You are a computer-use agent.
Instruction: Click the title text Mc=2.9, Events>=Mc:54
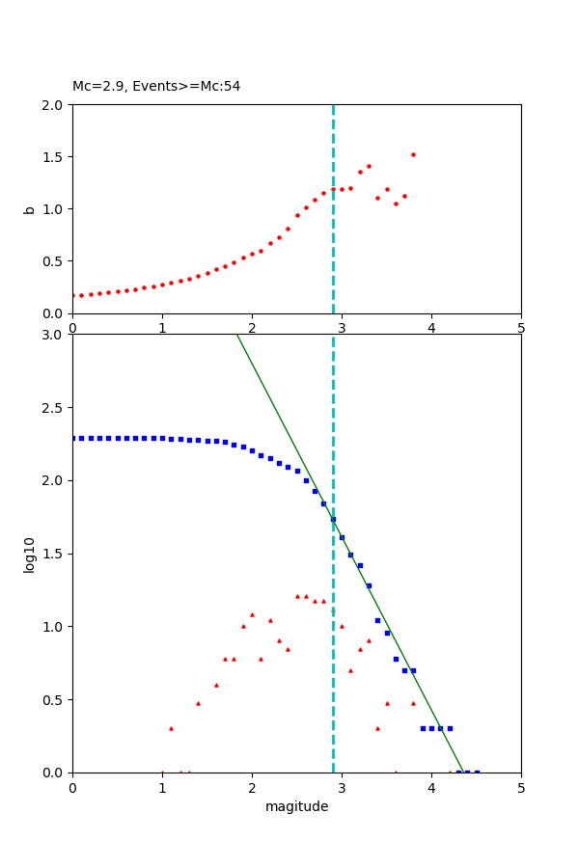click(156, 87)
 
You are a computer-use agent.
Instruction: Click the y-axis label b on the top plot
click(28, 208)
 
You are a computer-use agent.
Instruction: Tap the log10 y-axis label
click(29, 555)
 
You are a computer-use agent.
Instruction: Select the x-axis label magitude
click(296, 807)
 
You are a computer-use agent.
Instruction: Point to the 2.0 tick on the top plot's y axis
click(54, 104)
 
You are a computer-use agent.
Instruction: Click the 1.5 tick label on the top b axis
click(54, 157)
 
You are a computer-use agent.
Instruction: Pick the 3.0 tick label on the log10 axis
click(54, 335)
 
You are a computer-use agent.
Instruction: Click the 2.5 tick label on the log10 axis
click(54, 408)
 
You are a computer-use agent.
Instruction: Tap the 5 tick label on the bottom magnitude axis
click(521, 787)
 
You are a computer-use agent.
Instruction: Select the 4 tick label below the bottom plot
click(431, 787)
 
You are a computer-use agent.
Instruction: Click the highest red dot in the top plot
click(413, 154)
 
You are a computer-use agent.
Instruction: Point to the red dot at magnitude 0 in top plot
click(73, 295)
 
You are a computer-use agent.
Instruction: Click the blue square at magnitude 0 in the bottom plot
click(73, 438)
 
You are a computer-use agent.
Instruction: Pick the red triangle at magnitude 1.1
click(171, 728)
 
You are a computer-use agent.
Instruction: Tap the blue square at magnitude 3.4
click(377, 620)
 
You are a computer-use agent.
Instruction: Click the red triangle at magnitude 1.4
click(198, 703)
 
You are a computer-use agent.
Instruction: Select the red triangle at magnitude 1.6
click(216, 685)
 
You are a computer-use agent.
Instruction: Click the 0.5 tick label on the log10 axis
click(54, 700)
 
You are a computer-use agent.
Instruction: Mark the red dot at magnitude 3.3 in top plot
click(369, 166)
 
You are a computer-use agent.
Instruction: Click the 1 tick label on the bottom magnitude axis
click(162, 787)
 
